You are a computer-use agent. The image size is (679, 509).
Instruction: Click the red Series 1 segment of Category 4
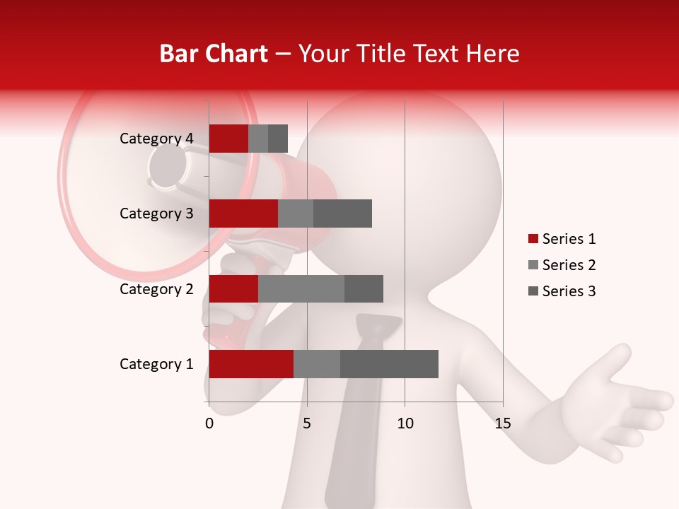pos(228,139)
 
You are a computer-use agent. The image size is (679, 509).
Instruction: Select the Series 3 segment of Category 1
pos(389,364)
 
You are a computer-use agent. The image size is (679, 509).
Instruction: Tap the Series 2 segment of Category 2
pos(301,288)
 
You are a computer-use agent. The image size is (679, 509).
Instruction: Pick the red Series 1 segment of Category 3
pos(243,213)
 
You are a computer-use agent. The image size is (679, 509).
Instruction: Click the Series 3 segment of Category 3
pos(342,213)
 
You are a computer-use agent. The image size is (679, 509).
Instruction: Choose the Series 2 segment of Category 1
pos(317,364)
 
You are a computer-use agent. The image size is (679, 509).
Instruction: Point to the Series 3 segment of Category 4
pos(278,139)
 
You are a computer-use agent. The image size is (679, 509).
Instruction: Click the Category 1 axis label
pos(156,364)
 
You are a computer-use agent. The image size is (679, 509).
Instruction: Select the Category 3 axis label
pos(156,213)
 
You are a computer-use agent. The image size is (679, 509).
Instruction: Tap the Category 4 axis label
pos(156,139)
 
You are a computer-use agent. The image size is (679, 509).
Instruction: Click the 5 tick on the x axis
pos(307,423)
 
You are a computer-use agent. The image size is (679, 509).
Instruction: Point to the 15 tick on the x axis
pos(502,423)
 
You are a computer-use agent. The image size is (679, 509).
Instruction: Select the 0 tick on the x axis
pos(209,423)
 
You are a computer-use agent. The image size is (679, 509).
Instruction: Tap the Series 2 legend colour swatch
pos(533,265)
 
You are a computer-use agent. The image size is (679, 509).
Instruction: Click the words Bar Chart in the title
pos(214,53)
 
